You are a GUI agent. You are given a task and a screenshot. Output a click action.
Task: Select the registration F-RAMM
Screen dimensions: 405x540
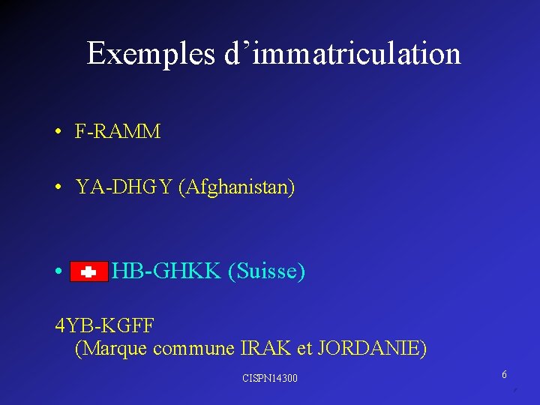[x=118, y=132]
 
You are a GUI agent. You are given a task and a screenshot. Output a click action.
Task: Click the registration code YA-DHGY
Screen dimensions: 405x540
[x=124, y=187]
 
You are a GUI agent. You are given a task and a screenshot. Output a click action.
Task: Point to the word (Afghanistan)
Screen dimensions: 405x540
[x=237, y=187]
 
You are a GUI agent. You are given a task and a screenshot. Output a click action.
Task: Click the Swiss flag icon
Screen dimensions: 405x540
[x=88, y=272]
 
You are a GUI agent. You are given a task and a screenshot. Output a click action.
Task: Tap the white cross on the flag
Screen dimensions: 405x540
[x=88, y=273]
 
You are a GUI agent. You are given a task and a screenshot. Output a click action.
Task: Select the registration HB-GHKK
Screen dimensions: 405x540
[x=166, y=271]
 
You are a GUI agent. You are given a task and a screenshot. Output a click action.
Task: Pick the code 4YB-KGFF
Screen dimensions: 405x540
[x=105, y=325]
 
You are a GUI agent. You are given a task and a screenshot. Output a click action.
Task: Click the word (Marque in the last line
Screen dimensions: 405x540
[x=112, y=348]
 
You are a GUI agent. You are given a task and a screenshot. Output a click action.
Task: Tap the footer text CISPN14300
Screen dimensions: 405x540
[x=270, y=378]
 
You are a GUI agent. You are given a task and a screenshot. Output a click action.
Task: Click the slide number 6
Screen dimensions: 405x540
[x=505, y=374]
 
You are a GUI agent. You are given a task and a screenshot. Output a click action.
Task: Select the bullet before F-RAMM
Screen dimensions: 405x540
[x=58, y=133]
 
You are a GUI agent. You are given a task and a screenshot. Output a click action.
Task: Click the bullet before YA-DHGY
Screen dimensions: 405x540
[x=58, y=187]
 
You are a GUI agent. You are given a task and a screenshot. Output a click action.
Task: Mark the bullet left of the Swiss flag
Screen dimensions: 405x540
[x=58, y=271]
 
